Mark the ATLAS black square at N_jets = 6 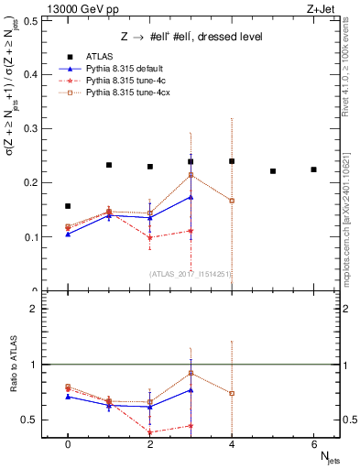tap(313, 169)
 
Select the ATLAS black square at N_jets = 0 tap(68, 206)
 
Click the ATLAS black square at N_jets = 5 tap(273, 171)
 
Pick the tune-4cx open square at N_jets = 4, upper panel tap(232, 201)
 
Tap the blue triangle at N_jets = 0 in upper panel tap(68, 234)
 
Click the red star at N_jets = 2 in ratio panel tap(149, 432)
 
